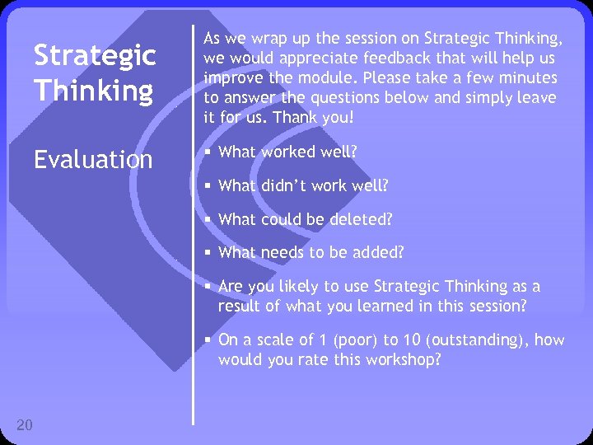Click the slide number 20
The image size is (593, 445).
(x=25, y=424)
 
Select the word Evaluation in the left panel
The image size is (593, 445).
(x=93, y=159)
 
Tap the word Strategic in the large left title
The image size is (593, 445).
(x=95, y=56)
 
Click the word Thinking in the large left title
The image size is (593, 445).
(x=93, y=91)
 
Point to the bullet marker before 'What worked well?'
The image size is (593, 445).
(x=209, y=152)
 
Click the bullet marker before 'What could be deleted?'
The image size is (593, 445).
(x=209, y=220)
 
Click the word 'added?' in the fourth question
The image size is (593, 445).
(x=381, y=252)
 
